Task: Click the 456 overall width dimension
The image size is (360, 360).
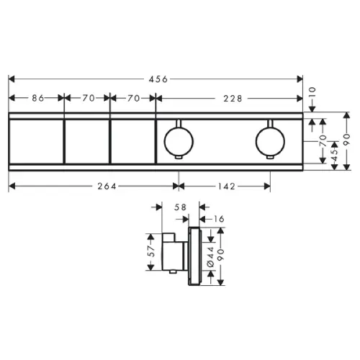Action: (x=158, y=79)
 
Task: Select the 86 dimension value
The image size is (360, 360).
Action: (x=38, y=98)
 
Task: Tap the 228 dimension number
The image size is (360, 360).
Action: (x=233, y=99)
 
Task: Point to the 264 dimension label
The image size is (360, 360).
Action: (x=107, y=186)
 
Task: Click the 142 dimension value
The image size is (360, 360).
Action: (x=227, y=186)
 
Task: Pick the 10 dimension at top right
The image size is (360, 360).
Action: (x=312, y=93)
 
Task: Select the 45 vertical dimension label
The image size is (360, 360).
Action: (x=334, y=152)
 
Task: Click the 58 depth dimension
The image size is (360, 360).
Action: (x=180, y=207)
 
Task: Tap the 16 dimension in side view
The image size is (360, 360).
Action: (x=218, y=219)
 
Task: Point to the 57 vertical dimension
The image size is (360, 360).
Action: (x=151, y=251)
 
